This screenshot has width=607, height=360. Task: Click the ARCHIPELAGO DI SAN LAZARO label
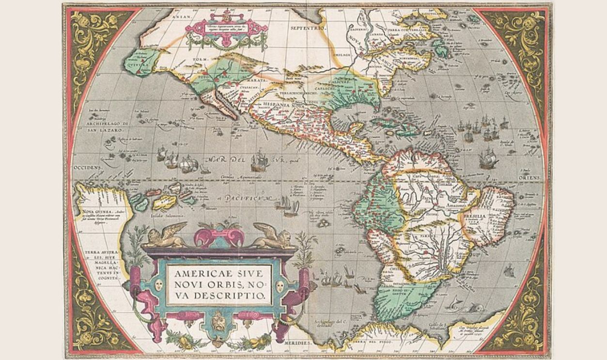[x=106, y=127]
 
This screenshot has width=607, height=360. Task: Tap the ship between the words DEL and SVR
[x=260, y=159]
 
